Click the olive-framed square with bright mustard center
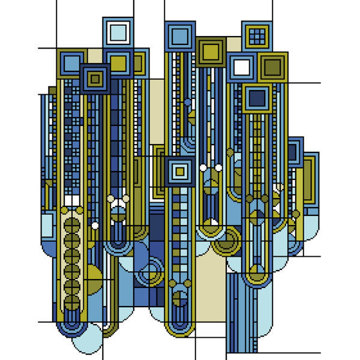(210, 51)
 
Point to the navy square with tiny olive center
(95, 79)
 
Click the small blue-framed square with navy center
(294, 152)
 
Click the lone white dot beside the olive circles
(95, 226)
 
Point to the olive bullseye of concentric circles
(227, 241)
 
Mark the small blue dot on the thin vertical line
(188, 102)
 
